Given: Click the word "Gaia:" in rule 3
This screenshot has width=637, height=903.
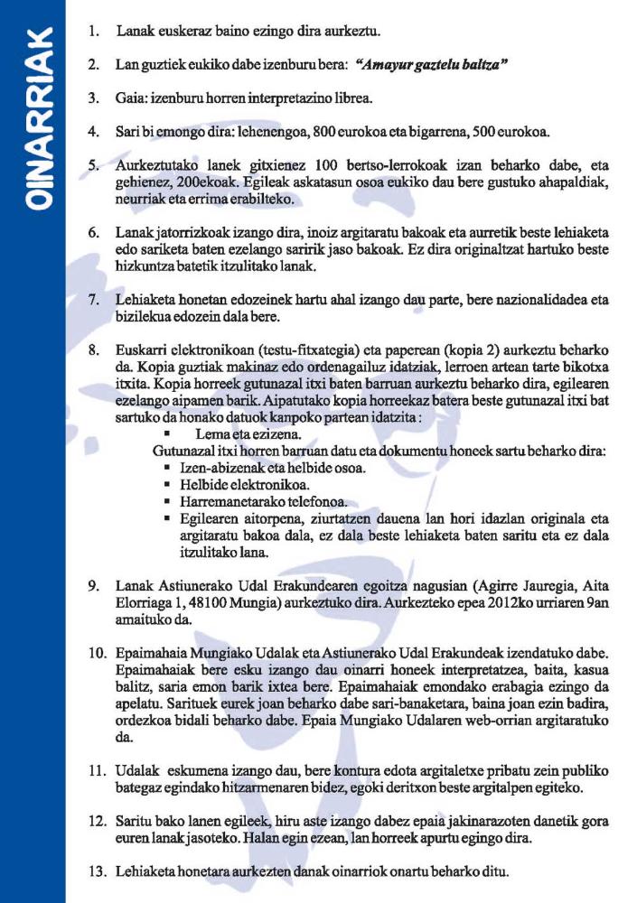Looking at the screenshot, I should (133, 98).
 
